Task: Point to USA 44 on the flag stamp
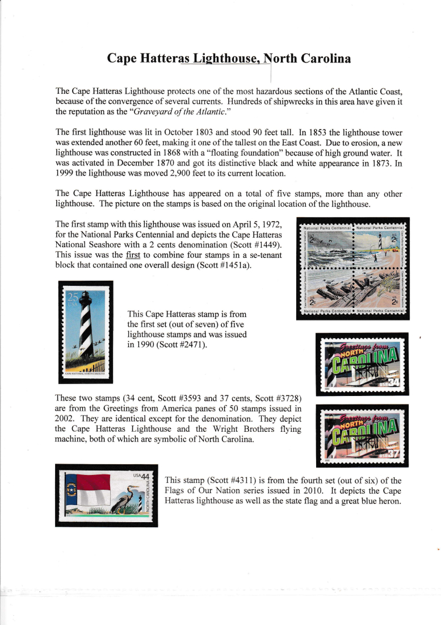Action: pyautogui.click(x=141, y=476)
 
